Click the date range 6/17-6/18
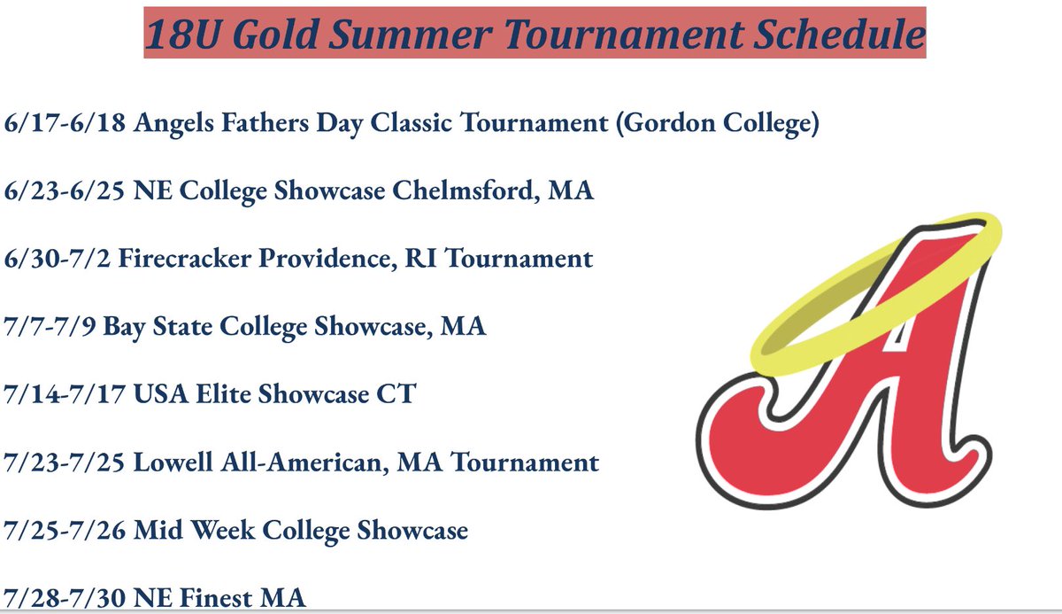[x=65, y=123]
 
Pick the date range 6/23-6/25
[x=65, y=191]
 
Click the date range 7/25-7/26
[x=65, y=530]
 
